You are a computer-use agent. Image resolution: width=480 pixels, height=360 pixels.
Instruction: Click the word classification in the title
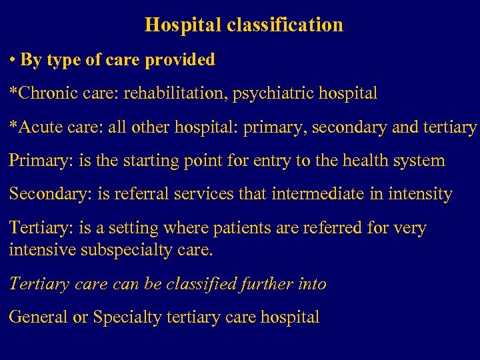point(285,25)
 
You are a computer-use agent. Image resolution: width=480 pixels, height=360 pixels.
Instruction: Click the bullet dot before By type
point(13,60)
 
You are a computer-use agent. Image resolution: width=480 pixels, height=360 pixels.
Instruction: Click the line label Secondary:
point(47,195)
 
